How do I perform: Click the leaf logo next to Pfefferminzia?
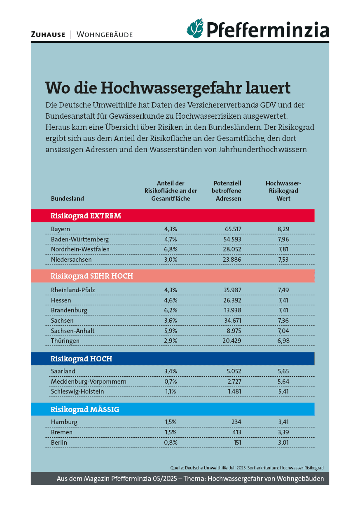195,28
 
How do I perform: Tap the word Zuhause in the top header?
48,35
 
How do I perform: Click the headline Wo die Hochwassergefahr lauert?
168,87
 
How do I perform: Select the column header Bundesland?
67,198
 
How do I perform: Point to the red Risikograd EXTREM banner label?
86,216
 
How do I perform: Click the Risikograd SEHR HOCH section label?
91,276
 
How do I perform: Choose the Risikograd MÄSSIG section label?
84,409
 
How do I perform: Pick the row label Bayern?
61,229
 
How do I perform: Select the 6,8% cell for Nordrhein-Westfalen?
171,249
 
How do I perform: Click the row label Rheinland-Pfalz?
73,290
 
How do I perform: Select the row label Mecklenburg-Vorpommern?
89,381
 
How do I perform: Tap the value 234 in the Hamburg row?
236,422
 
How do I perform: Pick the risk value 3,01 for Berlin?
283,442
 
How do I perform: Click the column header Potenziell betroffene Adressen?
227,191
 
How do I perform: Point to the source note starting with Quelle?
247,468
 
